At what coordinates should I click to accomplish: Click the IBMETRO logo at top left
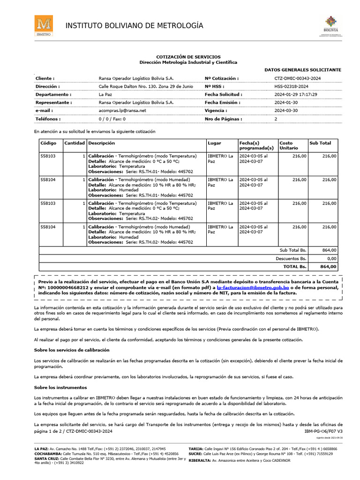click(43, 26)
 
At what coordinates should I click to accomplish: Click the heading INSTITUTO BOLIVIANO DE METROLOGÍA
click(134, 25)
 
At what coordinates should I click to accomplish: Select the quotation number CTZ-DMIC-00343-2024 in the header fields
click(298, 78)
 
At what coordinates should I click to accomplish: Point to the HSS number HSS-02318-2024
click(291, 87)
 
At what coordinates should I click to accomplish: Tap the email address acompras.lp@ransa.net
click(122, 111)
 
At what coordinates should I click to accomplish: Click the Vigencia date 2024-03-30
click(285, 111)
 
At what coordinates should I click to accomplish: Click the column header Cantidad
click(75, 143)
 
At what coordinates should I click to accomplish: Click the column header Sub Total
click(320, 143)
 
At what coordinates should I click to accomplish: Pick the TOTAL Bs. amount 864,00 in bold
click(328, 266)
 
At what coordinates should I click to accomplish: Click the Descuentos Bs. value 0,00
click(331, 258)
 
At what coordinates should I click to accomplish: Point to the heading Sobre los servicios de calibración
click(72, 350)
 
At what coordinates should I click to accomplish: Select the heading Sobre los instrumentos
click(60, 388)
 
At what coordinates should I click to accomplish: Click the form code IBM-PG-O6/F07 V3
click(323, 430)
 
